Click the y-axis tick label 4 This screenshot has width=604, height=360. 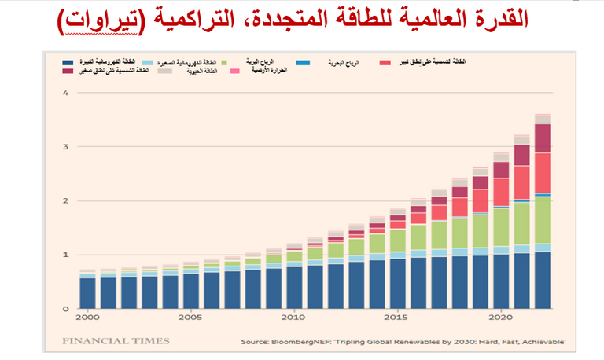pos(67,93)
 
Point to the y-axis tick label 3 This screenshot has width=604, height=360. pos(67,147)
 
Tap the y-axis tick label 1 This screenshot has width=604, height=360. pos(67,255)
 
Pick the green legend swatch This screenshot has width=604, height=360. pos(225,61)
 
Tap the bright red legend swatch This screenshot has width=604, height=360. pos(385,61)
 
